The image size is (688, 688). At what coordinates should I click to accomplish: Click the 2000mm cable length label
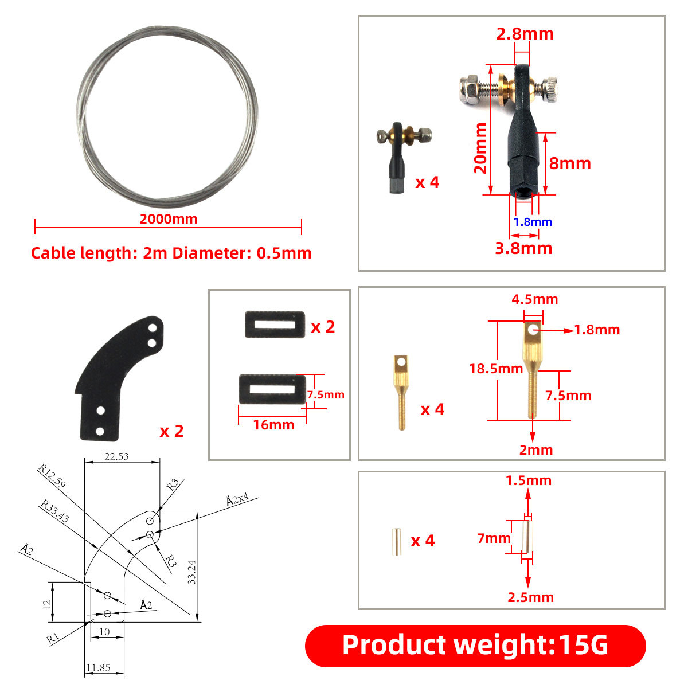(x=168, y=219)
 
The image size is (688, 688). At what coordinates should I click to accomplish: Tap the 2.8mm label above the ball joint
(x=525, y=34)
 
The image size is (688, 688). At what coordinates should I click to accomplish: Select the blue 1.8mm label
(x=533, y=222)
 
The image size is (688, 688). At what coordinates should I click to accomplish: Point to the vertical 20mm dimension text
(x=480, y=148)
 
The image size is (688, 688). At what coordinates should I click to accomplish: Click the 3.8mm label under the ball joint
(x=524, y=248)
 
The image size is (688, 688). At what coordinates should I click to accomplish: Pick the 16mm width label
(x=273, y=425)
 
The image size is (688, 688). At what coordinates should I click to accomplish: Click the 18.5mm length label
(x=496, y=369)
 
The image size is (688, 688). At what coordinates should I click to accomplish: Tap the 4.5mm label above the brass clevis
(x=534, y=299)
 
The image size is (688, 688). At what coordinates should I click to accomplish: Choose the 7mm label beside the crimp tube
(x=494, y=538)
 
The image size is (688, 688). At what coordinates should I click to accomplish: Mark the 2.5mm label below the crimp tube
(x=530, y=597)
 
